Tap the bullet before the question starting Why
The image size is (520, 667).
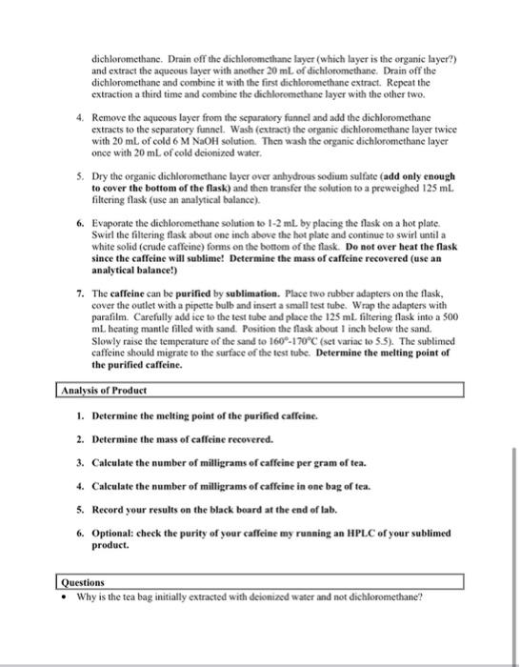[x=63, y=598]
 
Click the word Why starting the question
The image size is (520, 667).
[x=87, y=598]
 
